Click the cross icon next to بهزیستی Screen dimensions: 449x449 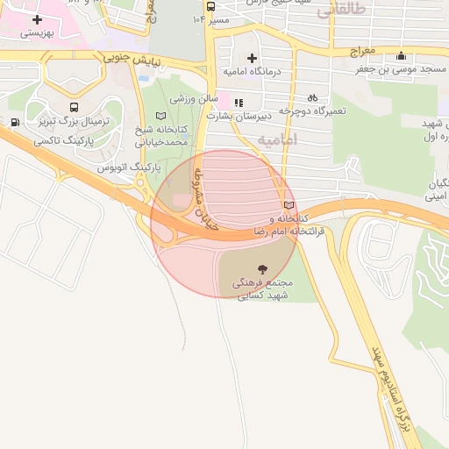[37, 18]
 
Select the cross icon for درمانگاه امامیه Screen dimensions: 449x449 [252, 57]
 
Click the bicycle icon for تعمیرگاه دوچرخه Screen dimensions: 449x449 [312, 98]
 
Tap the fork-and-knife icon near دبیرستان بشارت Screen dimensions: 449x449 [238, 102]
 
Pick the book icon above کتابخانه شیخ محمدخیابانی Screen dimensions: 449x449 [160, 116]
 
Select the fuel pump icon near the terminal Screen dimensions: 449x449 [15, 122]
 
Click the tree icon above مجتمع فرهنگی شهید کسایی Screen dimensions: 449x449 [262, 268]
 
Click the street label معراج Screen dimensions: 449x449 [362, 52]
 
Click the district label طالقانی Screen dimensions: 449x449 [339, 11]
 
